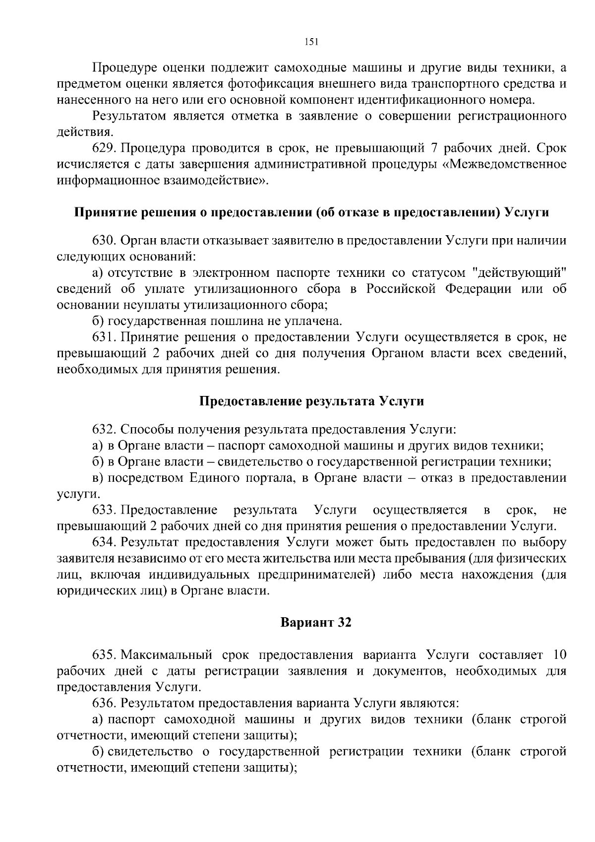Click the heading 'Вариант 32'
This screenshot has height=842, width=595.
point(316,622)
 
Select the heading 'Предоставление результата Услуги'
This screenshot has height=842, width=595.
point(311,401)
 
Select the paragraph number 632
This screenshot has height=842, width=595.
point(104,429)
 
